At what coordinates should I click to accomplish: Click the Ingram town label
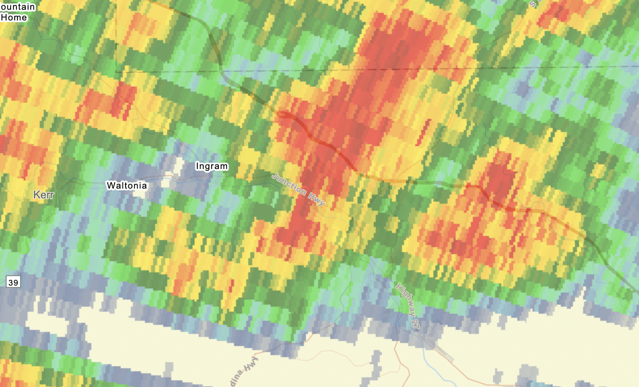212,166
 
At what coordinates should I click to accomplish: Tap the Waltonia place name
127,185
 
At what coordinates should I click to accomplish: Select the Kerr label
43,195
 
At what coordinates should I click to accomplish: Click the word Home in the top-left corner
14,18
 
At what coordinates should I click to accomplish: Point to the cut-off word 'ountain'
18,7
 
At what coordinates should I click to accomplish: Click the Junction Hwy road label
298,189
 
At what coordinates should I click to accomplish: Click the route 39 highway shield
13,282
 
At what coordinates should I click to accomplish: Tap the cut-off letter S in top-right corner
533,4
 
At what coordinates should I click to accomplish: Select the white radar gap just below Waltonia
141,194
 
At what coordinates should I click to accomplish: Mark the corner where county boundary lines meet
116,71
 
